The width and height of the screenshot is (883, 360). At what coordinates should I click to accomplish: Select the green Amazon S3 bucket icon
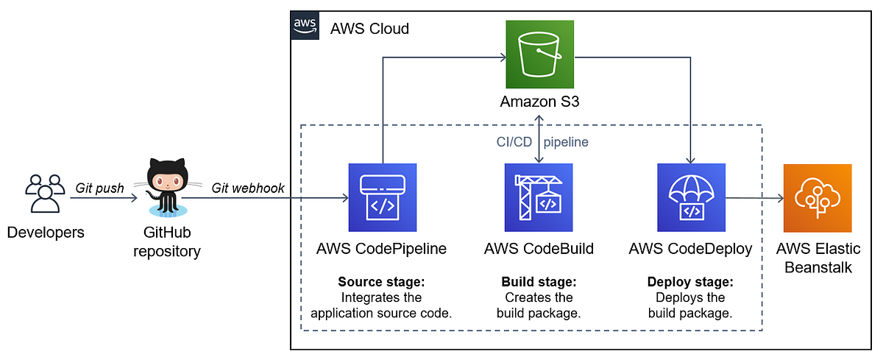tap(539, 54)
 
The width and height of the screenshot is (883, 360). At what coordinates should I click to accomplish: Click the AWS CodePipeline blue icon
tap(382, 197)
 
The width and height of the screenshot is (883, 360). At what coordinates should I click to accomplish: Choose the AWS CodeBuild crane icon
tap(539, 197)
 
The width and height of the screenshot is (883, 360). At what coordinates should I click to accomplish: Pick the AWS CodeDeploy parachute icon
tap(690, 197)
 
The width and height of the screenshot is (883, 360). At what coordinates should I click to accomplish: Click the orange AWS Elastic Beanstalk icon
tap(818, 197)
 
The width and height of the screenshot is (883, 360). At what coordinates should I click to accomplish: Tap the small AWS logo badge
tap(305, 24)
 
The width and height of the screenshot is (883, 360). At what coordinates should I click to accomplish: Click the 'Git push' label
tap(99, 188)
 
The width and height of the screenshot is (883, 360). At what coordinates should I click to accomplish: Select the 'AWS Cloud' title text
tap(369, 29)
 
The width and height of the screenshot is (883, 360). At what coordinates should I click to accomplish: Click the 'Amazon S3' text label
tap(539, 102)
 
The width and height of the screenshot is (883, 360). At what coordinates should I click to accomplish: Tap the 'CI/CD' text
tap(514, 142)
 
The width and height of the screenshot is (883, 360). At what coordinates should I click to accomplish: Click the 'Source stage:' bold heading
tap(381, 282)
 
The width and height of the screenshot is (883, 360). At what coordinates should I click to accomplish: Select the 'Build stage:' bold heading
tap(539, 282)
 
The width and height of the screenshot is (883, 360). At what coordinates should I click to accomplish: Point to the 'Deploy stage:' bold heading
tap(690, 282)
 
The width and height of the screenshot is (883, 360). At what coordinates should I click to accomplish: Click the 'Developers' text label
tap(45, 233)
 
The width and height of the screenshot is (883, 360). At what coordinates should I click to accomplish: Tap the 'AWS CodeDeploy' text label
tap(690, 249)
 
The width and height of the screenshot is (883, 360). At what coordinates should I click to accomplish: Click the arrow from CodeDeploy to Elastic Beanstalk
tap(753, 197)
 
